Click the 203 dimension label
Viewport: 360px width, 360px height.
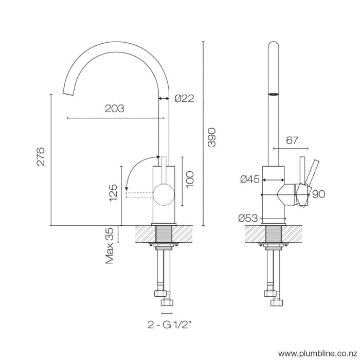114,109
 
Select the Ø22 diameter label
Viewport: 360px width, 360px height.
184,98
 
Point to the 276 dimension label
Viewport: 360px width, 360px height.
41,156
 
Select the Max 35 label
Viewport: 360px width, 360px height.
110,246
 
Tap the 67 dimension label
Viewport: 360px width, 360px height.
292,140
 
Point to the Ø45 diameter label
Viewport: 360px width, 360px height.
249,179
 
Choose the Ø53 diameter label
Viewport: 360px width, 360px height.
248,218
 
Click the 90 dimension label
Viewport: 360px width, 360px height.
318,194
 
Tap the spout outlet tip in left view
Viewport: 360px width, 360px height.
67,92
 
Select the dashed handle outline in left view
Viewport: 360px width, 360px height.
140,194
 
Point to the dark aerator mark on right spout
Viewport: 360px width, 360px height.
274,94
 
